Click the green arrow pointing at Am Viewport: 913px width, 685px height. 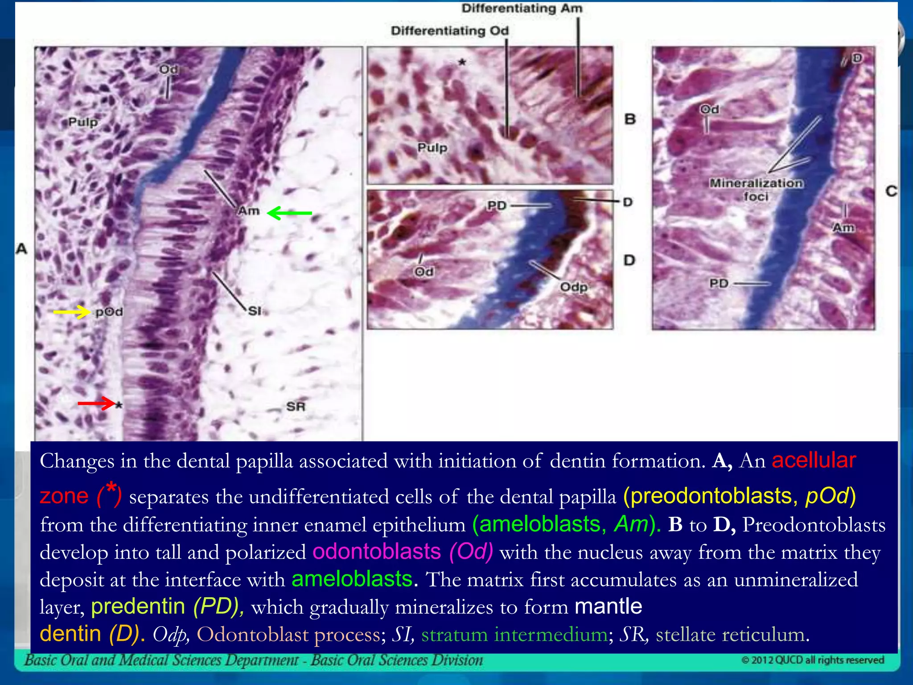(x=290, y=213)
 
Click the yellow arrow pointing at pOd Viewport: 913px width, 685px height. (x=71, y=312)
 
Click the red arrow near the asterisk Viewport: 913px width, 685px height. (x=96, y=404)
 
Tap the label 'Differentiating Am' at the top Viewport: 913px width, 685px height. (x=522, y=8)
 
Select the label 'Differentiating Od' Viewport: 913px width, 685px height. (x=449, y=31)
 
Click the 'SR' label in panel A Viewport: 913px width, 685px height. (x=296, y=406)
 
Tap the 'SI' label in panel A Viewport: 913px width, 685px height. (x=255, y=311)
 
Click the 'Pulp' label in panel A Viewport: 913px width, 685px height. (x=83, y=122)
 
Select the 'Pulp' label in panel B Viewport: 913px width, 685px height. (x=432, y=148)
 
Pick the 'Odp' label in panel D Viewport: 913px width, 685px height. (x=573, y=287)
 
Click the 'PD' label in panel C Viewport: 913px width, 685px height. (x=719, y=283)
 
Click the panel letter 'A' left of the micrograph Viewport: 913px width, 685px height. (x=21, y=248)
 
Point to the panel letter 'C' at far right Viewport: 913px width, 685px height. (x=891, y=191)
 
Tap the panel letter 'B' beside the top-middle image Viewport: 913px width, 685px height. (x=629, y=119)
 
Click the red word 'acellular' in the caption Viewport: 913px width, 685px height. (x=814, y=460)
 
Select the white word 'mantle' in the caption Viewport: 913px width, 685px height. (x=608, y=607)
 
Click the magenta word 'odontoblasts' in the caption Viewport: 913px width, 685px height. (x=377, y=552)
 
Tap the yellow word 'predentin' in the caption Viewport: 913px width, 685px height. (x=138, y=607)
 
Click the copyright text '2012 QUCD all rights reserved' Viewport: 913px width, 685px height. (x=813, y=660)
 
